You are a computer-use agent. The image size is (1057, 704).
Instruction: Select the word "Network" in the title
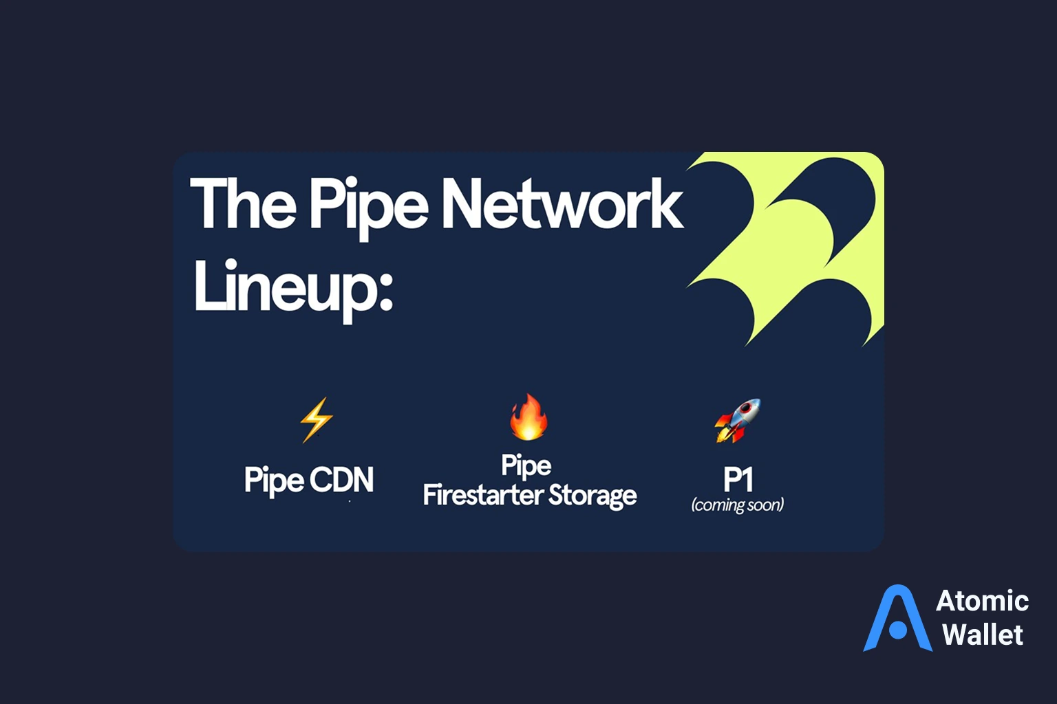tap(562, 203)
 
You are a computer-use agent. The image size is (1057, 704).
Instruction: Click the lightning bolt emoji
tap(316, 419)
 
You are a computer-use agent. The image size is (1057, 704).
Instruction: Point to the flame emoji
tap(528, 417)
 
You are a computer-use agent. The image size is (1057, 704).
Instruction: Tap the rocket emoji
tap(738, 419)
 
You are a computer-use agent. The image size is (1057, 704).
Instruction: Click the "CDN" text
tap(341, 480)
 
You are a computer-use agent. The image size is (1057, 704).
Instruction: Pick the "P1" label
tap(738, 479)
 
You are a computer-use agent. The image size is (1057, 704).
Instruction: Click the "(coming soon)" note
tap(738, 505)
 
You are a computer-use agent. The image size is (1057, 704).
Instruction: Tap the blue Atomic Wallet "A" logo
tap(897, 619)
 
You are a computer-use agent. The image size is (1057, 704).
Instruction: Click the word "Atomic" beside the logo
tap(982, 601)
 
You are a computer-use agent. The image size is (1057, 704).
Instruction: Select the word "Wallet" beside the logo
tap(982, 634)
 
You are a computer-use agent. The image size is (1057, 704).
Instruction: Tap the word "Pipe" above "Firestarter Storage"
tap(526, 466)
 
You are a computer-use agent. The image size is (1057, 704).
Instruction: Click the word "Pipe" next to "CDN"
tap(273, 481)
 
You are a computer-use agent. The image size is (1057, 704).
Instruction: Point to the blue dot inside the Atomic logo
tap(898, 629)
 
